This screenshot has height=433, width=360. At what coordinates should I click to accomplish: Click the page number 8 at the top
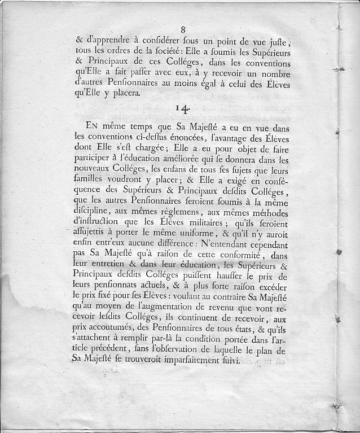click(x=183, y=29)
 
